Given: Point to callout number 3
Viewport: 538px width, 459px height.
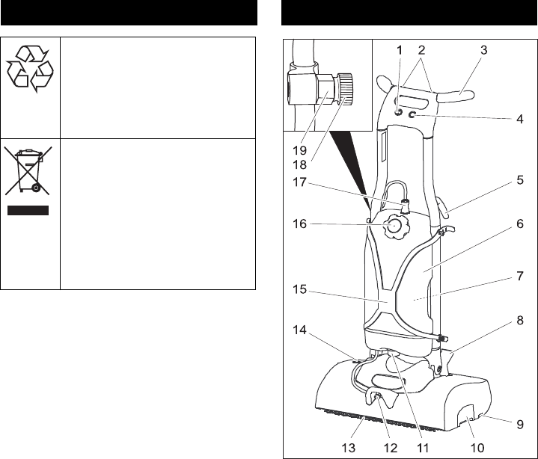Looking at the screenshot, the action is pyautogui.click(x=484, y=50).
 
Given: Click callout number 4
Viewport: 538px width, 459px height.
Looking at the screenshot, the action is pyautogui.click(x=519, y=120).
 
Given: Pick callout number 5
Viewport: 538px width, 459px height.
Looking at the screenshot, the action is pyautogui.click(x=519, y=180).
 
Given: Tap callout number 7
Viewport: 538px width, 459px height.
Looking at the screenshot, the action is pyautogui.click(x=519, y=276).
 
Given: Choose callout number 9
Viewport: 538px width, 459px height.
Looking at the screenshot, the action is pyautogui.click(x=519, y=422).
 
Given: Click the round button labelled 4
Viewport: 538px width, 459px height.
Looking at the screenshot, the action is pyautogui.click(x=412, y=116).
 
